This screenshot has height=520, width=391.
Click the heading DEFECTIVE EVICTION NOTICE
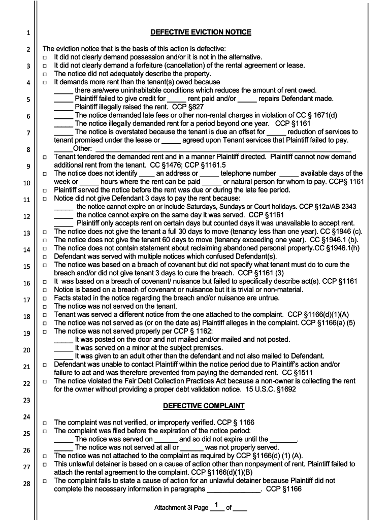tap(201, 32)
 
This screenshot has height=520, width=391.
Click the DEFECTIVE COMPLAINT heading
tap(204, 406)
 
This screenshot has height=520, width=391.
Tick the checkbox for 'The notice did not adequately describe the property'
tap(45, 74)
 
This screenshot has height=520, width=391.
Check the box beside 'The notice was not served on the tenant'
tap(45, 307)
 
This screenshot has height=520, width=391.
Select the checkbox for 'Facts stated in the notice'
tap(45, 299)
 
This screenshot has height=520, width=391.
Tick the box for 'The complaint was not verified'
tap(45, 423)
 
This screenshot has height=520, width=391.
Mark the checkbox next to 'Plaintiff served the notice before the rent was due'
tap(45, 190)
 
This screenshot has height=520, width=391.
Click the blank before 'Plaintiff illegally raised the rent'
tap(63, 108)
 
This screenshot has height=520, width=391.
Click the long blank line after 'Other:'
tap(226, 149)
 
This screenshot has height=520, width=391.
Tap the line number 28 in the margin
tap(27, 483)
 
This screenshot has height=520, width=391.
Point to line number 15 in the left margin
tap(27, 267)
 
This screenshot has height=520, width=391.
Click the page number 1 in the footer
tap(217, 505)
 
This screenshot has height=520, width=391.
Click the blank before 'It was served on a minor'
tap(63, 348)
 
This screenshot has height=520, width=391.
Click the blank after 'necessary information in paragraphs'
tap(234, 490)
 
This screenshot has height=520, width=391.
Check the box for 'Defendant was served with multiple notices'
tap(45, 257)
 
